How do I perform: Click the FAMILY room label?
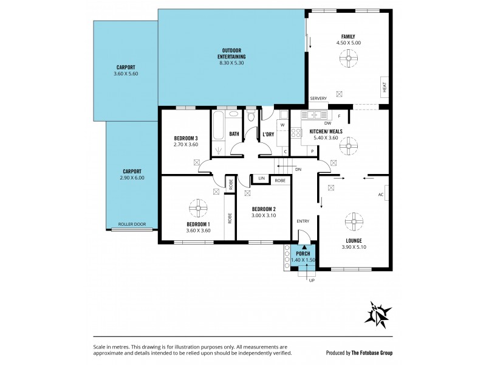click(348, 36)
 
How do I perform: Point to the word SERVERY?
click(318, 99)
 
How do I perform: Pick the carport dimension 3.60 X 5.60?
click(126, 74)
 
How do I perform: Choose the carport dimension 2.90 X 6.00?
click(132, 178)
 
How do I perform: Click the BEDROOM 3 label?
click(186, 138)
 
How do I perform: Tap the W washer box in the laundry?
click(282, 125)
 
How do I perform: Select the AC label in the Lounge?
click(381, 195)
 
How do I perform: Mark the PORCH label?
click(303, 253)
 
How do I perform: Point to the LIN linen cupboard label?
click(261, 179)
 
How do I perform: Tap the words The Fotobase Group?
click(375, 353)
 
